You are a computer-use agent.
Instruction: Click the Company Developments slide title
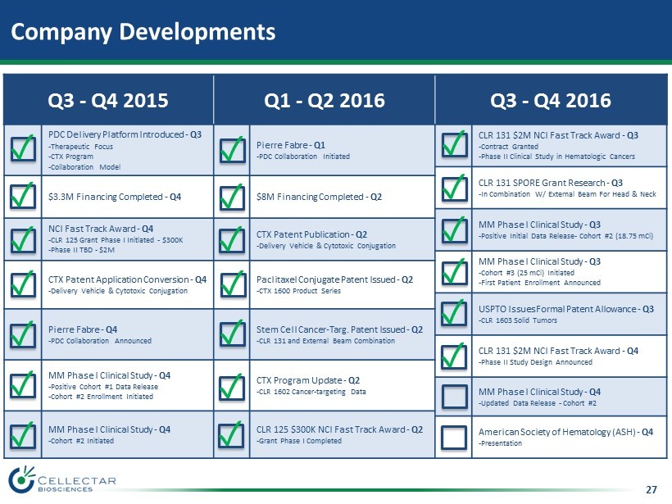(143, 32)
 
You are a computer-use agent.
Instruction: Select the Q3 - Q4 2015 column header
(108, 100)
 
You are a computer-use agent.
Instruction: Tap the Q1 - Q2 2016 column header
(325, 100)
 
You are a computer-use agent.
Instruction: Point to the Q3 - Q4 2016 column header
(551, 100)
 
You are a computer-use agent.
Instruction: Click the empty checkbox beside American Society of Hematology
(454, 438)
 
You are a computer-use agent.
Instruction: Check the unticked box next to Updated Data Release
(454, 397)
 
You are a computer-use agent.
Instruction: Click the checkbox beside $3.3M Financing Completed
(23, 197)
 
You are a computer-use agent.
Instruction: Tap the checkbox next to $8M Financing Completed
(232, 198)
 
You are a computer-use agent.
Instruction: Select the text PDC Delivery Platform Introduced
(116, 134)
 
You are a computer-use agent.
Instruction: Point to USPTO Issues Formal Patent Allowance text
(557, 309)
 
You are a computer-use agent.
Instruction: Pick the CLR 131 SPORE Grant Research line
(542, 183)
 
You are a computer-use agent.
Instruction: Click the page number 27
(651, 489)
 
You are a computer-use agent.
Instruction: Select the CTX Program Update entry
(299, 380)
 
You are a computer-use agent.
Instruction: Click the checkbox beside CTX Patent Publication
(232, 239)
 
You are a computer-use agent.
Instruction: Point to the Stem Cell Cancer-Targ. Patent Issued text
(330, 329)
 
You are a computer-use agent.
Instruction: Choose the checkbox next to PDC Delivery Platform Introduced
(23, 148)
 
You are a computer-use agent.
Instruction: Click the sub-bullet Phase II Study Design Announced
(535, 362)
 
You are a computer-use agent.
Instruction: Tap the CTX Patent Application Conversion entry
(118, 279)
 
